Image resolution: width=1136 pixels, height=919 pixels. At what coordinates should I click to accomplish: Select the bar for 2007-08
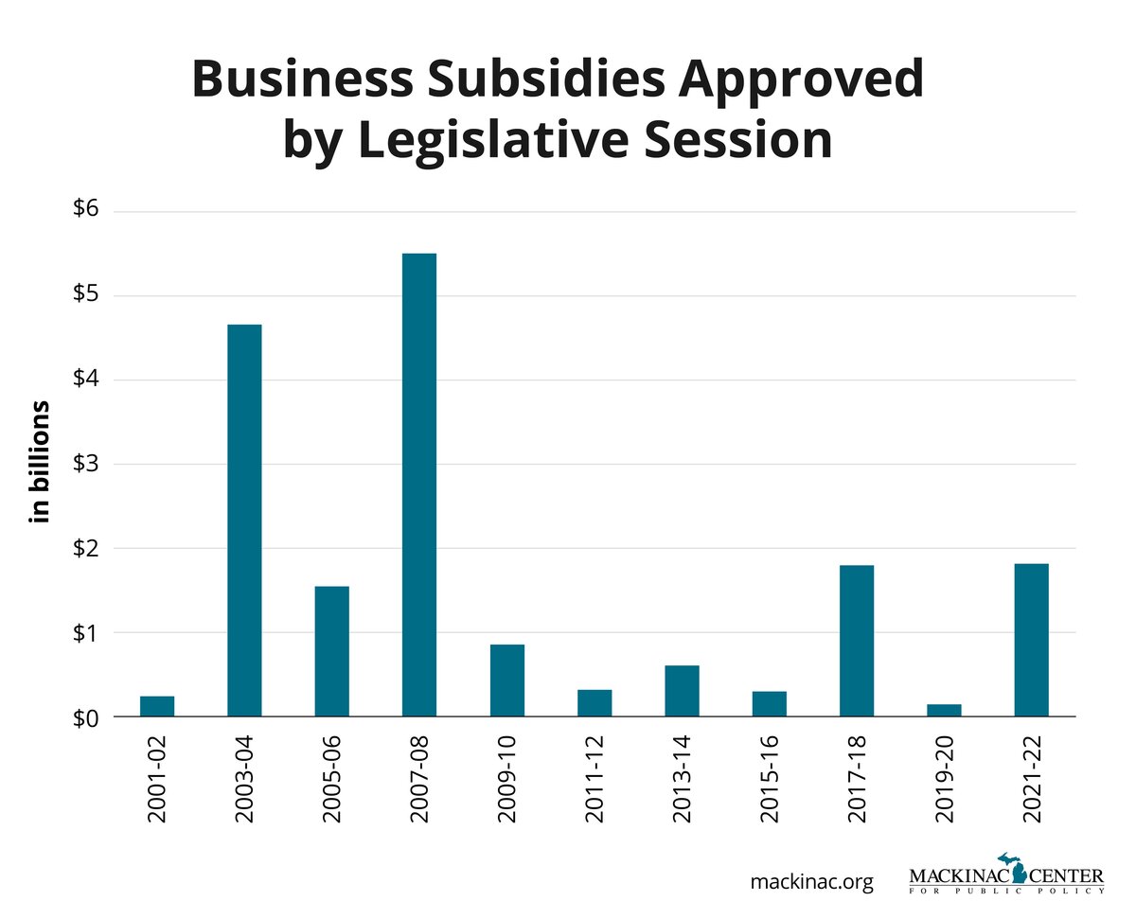(x=418, y=485)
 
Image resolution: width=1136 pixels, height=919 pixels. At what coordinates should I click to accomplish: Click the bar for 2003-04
(x=244, y=521)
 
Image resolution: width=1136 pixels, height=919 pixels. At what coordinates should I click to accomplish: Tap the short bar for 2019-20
(x=944, y=710)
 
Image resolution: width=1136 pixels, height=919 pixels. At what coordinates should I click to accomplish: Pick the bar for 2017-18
(x=856, y=641)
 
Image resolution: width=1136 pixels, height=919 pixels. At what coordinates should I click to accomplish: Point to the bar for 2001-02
(x=157, y=706)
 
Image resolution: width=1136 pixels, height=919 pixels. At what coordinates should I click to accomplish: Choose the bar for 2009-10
(x=506, y=680)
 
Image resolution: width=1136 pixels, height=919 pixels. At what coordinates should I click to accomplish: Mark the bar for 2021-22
(x=1031, y=640)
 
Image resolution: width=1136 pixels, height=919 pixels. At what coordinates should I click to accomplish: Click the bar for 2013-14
(x=682, y=691)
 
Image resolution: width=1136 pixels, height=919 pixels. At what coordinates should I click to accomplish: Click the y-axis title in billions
(x=40, y=464)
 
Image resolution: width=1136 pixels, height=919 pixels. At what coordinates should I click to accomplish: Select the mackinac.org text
(x=811, y=882)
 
